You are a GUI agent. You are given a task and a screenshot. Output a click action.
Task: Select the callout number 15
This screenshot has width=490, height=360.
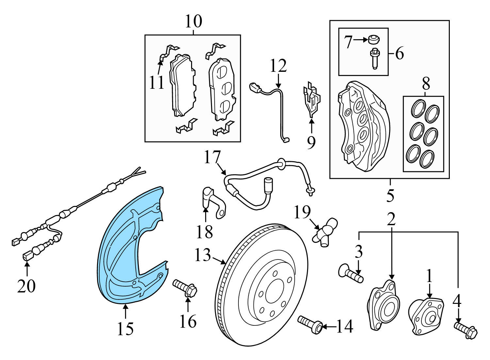tap(125, 329)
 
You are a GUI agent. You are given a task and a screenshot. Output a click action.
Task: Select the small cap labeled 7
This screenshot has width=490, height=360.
tap(373, 40)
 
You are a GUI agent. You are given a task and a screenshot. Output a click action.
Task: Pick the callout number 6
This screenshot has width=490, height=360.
tap(399, 53)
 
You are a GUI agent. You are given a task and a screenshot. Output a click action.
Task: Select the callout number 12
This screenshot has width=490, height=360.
tap(278, 66)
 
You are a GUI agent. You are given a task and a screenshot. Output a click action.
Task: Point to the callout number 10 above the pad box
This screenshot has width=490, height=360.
tap(193, 22)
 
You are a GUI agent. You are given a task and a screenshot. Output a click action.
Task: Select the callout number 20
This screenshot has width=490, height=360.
tap(26, 286)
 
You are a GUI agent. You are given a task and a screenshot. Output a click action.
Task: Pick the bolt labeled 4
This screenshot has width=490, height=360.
tap(466, 330)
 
